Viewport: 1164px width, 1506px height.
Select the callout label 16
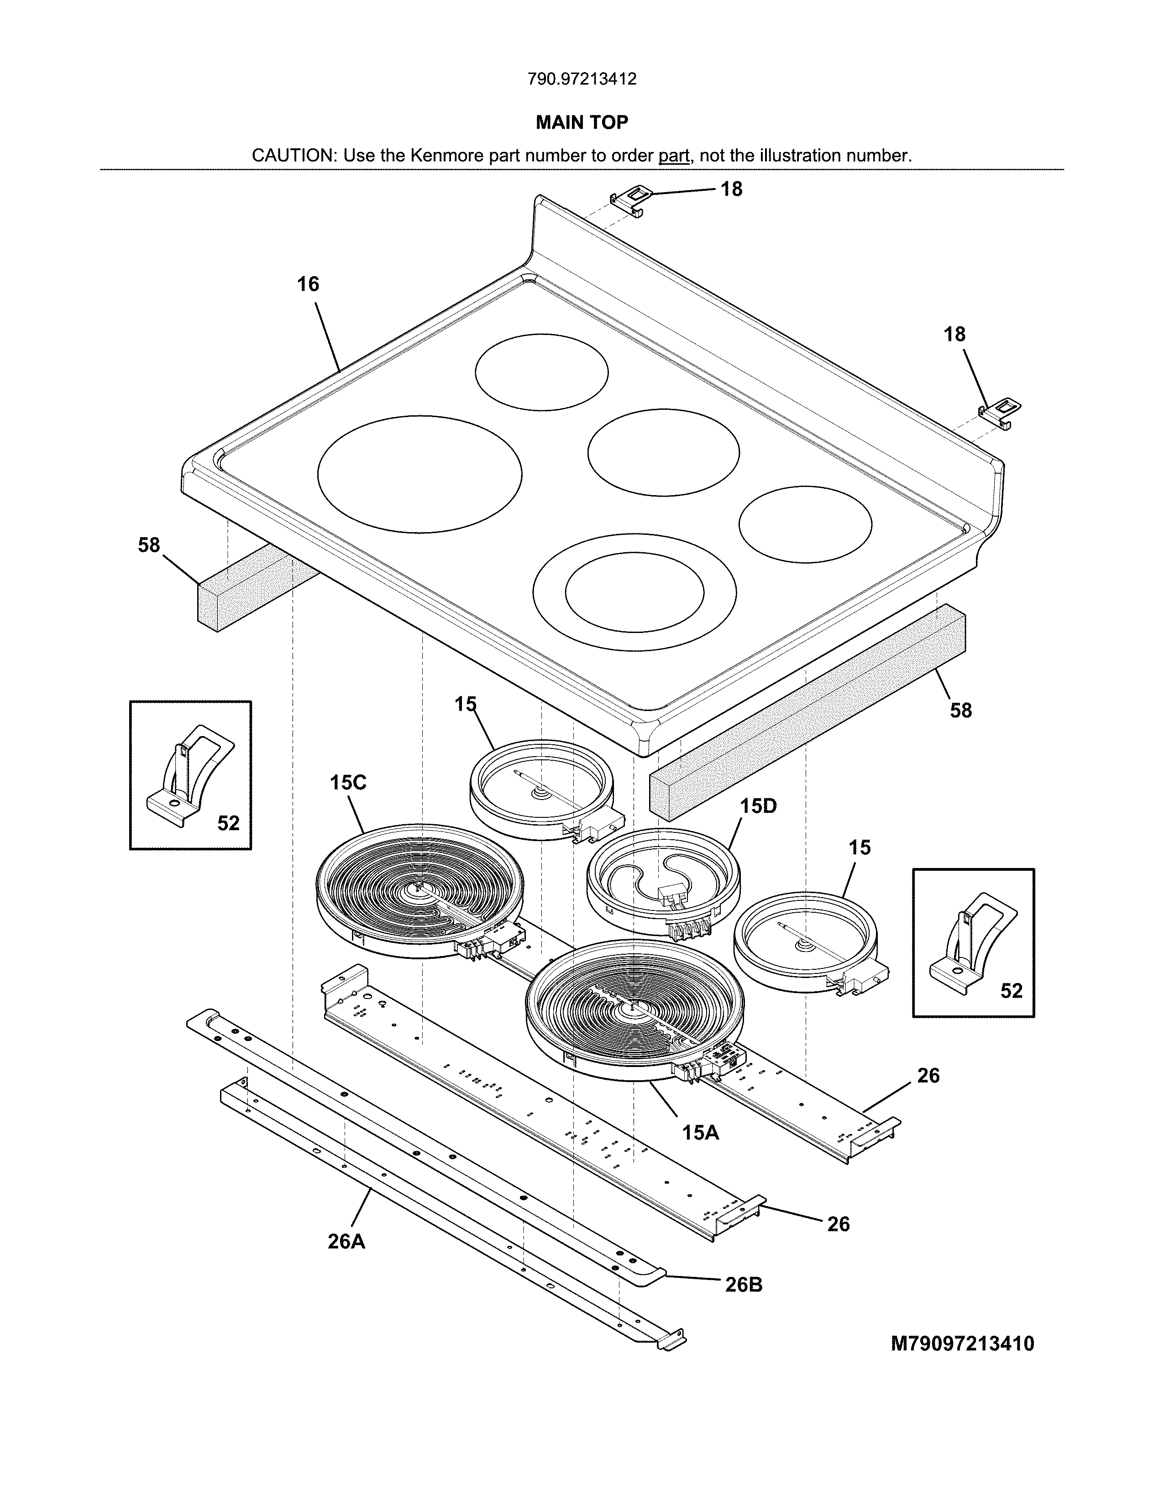click(x=308, y=284)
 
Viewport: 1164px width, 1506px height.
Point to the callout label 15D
click(x=759, y=805)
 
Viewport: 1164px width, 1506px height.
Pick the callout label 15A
click(x=701, y=1132)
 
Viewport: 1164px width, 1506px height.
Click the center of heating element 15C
click(x=418, y=889)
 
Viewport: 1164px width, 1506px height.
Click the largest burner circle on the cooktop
click(x=419, y=474)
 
